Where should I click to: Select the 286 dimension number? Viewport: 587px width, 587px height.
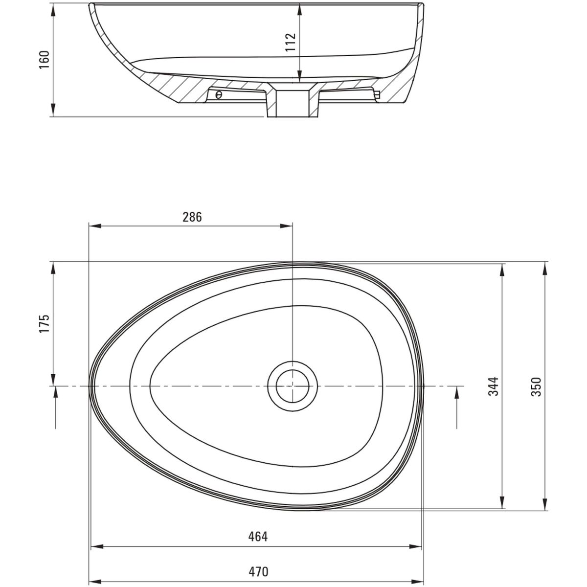click(192, 217)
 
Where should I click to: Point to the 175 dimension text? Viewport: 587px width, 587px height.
click(45, 324)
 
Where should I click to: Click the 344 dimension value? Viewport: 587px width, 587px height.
click(494, 386)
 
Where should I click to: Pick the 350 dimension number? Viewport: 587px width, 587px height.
click(536, 386)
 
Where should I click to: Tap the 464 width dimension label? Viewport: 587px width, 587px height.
click(258, 537)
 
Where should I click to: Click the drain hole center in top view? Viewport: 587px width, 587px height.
click(293, 386)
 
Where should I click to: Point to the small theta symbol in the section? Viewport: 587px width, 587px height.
click(218, 95)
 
